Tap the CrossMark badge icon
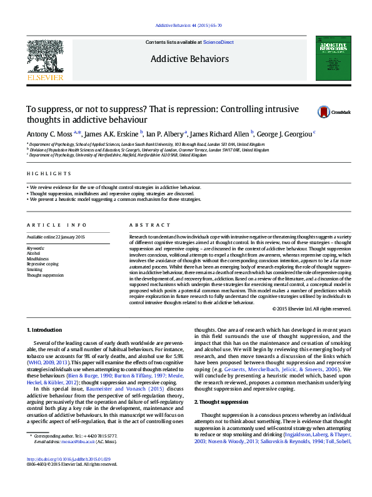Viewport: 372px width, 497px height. coord(324,112)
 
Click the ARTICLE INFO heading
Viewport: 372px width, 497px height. coord(56,225)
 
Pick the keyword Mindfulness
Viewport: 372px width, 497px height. coord(38,259)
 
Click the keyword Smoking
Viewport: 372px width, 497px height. coord(35,270)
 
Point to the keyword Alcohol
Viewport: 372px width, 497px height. coord(33,253)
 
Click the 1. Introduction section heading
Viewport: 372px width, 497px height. coord(45,329)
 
